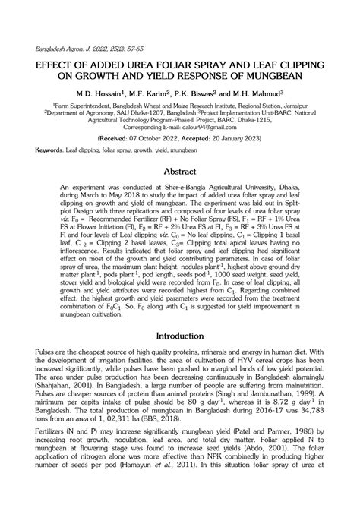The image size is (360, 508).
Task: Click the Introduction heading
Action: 179,357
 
